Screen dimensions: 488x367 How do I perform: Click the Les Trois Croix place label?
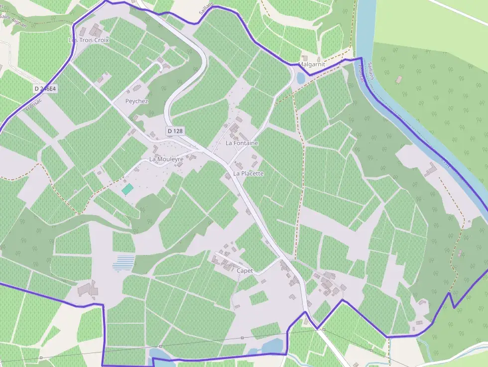pos(88,40)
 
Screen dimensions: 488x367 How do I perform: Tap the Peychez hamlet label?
pos(136,101)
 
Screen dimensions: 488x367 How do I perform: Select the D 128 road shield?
pos(175,131)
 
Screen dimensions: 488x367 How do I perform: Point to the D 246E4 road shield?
pos(45,89)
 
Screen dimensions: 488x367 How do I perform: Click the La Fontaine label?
pos(242,143)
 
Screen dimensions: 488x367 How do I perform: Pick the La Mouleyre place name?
pos(166,159)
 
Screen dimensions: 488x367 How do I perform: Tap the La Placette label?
pos(248,174)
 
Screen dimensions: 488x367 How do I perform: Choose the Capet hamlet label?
pos(245,271)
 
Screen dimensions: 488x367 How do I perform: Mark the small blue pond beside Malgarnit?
pos(301,78)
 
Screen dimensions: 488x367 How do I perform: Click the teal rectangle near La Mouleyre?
pos(127,189)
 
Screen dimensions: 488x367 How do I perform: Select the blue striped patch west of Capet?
pos(123,263)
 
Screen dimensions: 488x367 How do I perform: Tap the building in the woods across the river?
pos(398,79)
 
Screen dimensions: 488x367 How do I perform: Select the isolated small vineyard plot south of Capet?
pos(258,298)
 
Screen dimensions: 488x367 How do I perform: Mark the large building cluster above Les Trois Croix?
pos(95,30)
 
